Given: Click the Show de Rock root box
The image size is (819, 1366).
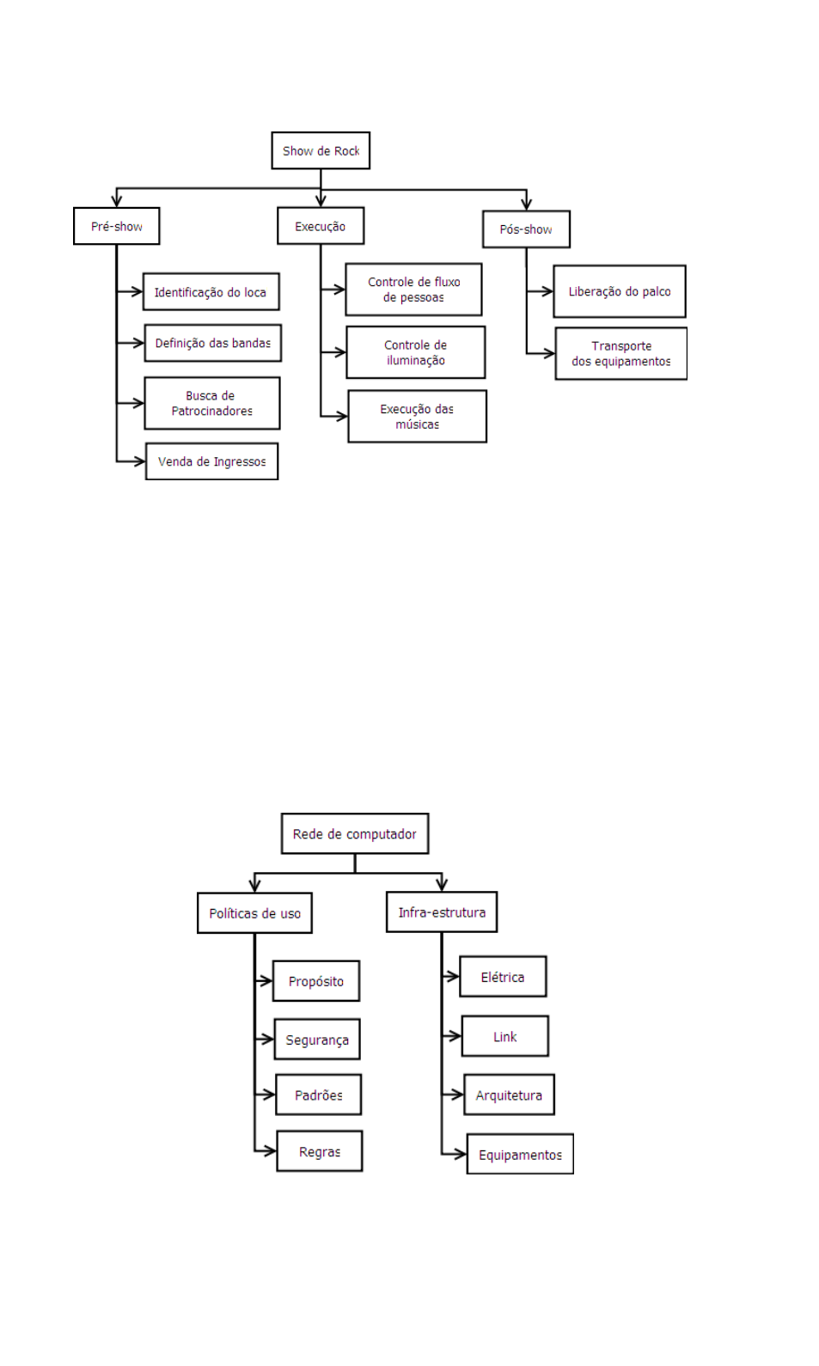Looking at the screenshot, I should click(321, 151).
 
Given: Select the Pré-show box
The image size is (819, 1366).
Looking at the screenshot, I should click(117, 227).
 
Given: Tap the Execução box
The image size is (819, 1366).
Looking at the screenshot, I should click(321, 226).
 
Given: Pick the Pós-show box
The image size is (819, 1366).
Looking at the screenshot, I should click(526, 229).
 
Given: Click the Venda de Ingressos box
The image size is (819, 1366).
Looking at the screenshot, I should click(211, 461).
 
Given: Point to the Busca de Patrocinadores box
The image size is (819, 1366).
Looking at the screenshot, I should click(211, 403).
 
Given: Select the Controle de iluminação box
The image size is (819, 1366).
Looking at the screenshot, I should click(415, 352).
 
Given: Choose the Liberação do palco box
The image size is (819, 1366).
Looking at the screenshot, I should click(620, 291).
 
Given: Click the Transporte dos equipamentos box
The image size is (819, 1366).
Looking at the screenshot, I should click(620, 353).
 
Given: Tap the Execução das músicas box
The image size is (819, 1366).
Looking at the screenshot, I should click(417, 417).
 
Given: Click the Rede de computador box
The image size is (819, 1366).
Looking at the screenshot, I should click(354, 834).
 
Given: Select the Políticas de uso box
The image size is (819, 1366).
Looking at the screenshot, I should click(254, 913).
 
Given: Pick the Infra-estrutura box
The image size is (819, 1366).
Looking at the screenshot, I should click(442, 912).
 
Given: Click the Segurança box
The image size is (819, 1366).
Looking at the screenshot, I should click(317, 1040).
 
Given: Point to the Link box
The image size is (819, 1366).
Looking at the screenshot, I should click(504, 1037).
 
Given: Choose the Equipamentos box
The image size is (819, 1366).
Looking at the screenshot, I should click(520, 1155).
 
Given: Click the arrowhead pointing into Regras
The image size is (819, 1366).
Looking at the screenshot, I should click(270, 1151).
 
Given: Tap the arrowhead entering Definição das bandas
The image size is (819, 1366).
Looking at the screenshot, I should click(138, 343).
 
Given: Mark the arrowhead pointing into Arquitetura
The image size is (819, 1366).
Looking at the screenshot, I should click(457, 1095).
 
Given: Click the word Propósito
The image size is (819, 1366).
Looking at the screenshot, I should click(315, 981).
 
